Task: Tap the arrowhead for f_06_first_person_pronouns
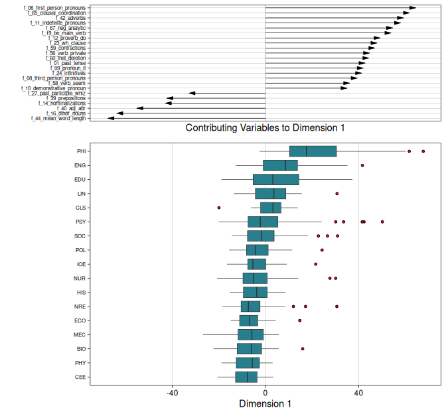(413, 7)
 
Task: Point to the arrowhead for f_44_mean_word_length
(111, 118)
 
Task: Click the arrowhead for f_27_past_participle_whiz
(192, 93)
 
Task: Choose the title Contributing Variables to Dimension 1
(265, 128)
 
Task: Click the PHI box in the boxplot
(313, 151)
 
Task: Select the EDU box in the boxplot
(276, 179)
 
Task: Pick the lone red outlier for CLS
(219, 208)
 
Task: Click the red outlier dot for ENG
(362, 165)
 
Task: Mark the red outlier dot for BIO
(303, 348)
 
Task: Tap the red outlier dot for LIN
(337, 194)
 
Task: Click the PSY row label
(80, 222)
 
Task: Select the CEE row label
(80, 377)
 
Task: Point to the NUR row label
(80, 278)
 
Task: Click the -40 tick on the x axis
(172, 392)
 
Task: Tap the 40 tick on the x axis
(358, 392)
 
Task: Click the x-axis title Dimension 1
(265, 403)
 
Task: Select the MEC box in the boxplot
(251, 334)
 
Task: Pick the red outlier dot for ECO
(300, 320)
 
